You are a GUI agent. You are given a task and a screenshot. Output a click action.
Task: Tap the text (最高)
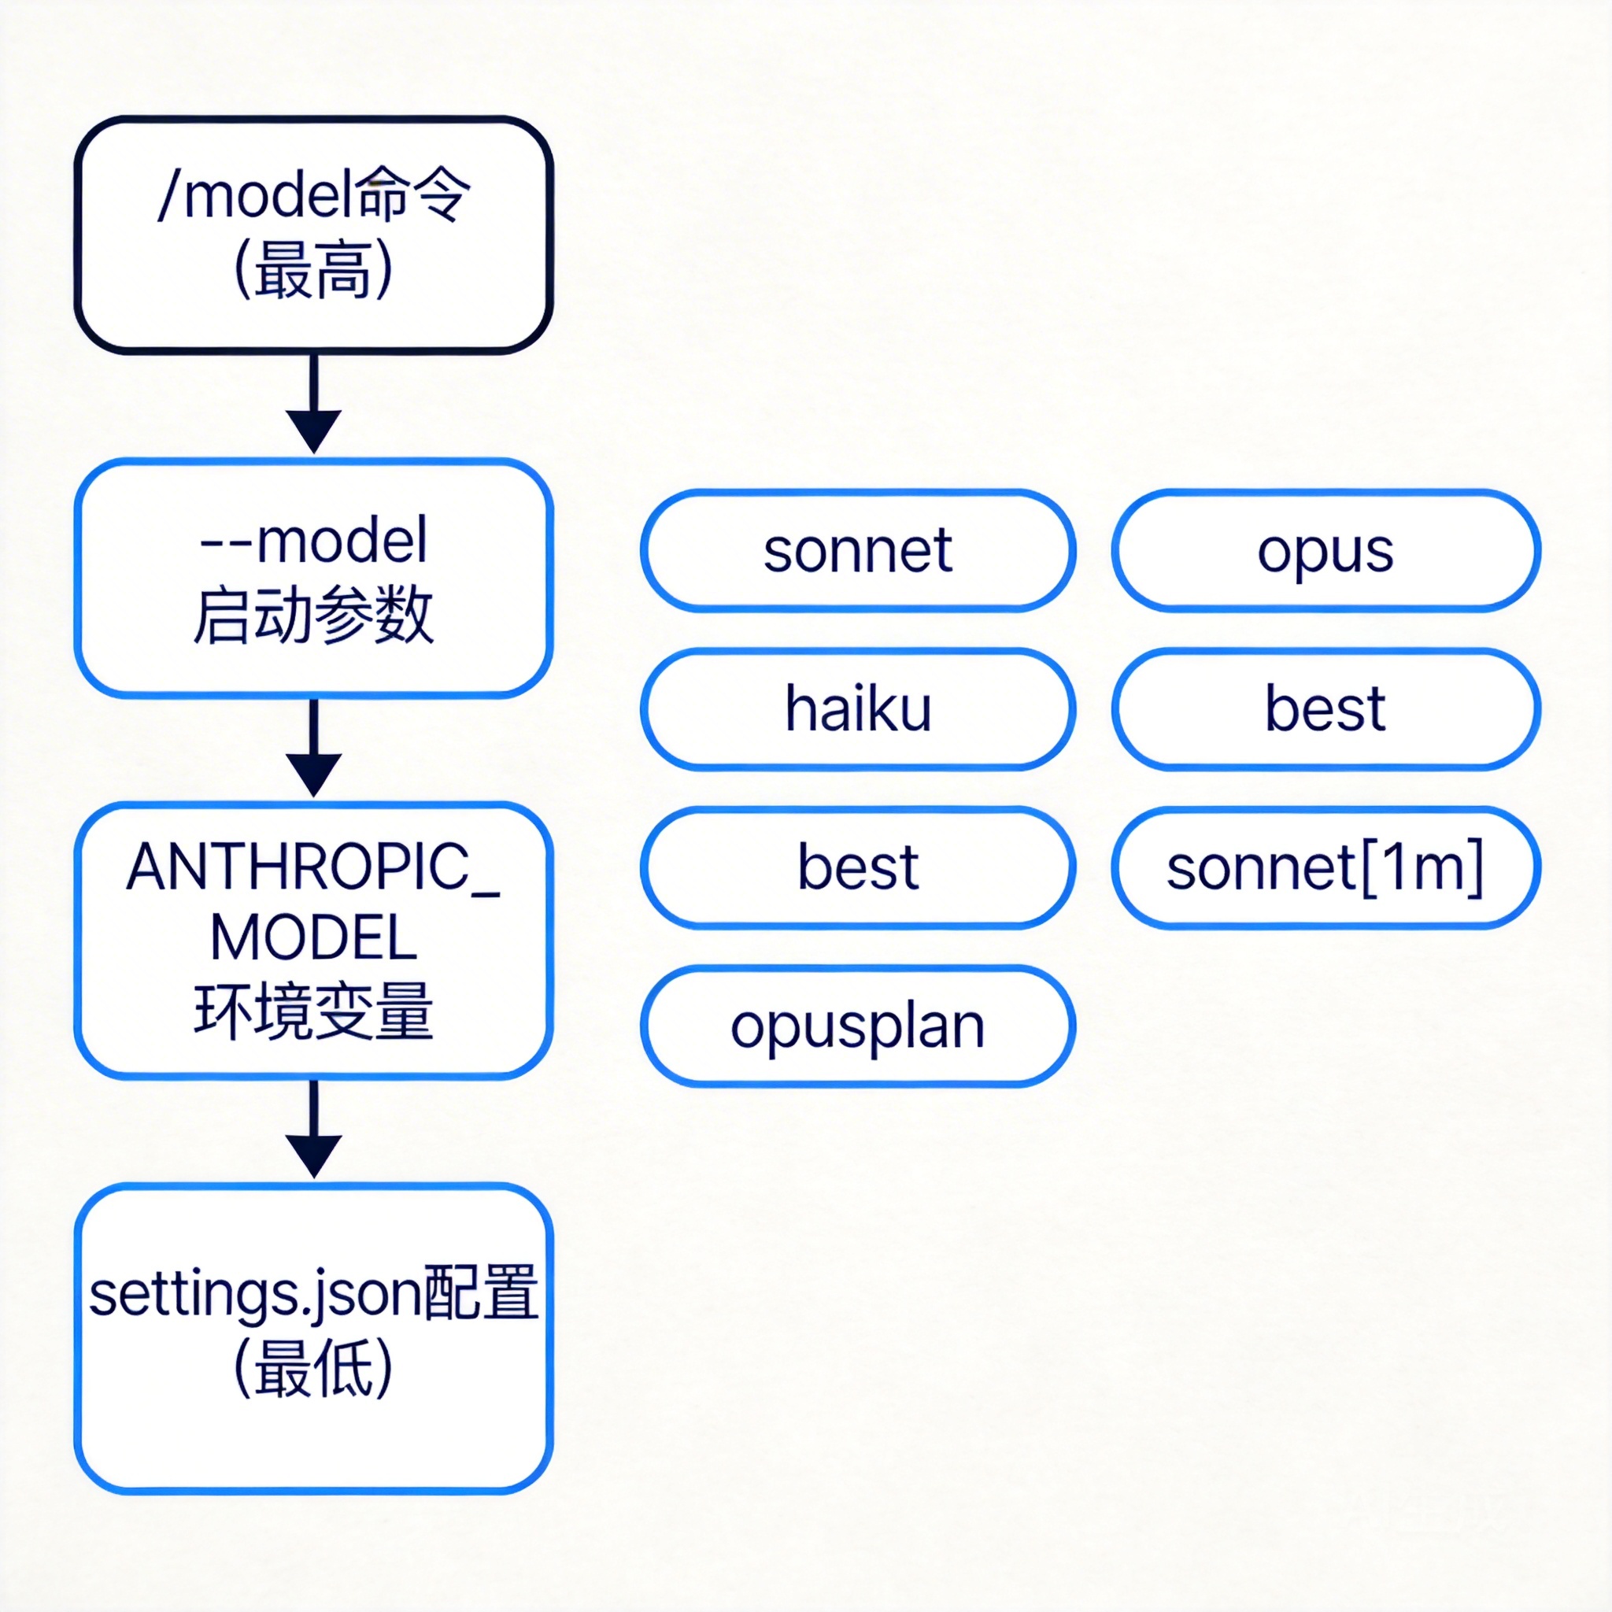click(x=314, y=269)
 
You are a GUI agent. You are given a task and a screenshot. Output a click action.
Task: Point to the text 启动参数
click(x=314, y=616)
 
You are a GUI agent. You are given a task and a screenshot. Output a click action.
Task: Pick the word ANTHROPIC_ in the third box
click(x=314, y=867)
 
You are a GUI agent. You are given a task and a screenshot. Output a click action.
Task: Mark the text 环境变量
click(x=314, y=1011)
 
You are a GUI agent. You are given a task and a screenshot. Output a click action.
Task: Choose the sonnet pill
click(x=858, y=551)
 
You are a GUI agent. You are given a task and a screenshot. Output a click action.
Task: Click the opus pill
click(x=1325, y=551)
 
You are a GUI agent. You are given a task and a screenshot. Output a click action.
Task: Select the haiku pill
click(x=858, y=709)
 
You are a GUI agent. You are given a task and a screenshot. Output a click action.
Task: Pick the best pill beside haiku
click(x=1325, y=709)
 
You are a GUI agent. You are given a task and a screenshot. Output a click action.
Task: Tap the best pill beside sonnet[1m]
click(x=858, y=867)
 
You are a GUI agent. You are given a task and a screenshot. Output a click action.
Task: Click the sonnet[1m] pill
click(x=1325, y=867)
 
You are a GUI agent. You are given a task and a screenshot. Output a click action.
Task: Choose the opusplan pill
click(x=858, y=1026)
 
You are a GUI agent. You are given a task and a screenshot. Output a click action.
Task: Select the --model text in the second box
click(x=314, y=542)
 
